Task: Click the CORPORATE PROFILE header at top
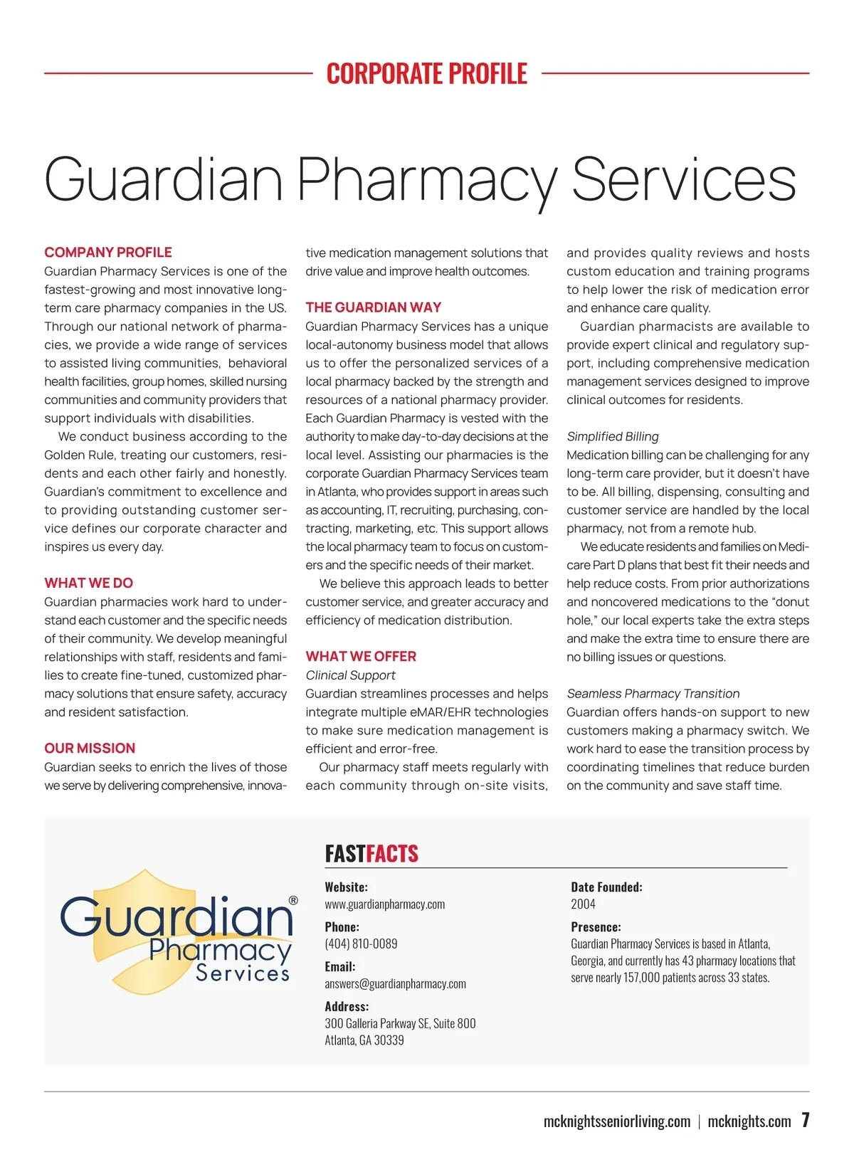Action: pos(427,73)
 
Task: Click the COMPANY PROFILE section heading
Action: pos(108,253)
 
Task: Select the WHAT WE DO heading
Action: pos(89,583)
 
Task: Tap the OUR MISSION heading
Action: pos(90,749)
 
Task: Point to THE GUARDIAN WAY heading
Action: pos(374,307)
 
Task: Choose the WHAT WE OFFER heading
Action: pos(361,657)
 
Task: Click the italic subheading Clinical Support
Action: pos(350,675)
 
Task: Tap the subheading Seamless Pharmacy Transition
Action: pos(653,694)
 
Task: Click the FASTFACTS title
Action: pos(371,854)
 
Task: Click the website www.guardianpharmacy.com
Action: pos(385,904)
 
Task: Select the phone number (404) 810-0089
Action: pos(361,944)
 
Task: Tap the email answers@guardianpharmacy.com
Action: pos(395,984)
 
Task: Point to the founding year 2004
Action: pos(583,904)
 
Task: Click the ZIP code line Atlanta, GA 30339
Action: pos(364,1040)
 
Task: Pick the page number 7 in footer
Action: pos(805,1120)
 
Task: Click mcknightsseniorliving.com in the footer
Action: pos(616,1122)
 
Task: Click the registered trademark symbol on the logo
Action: pos(293,901)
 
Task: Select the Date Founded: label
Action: pos(606,887)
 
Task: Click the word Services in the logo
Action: pos(243,973)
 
